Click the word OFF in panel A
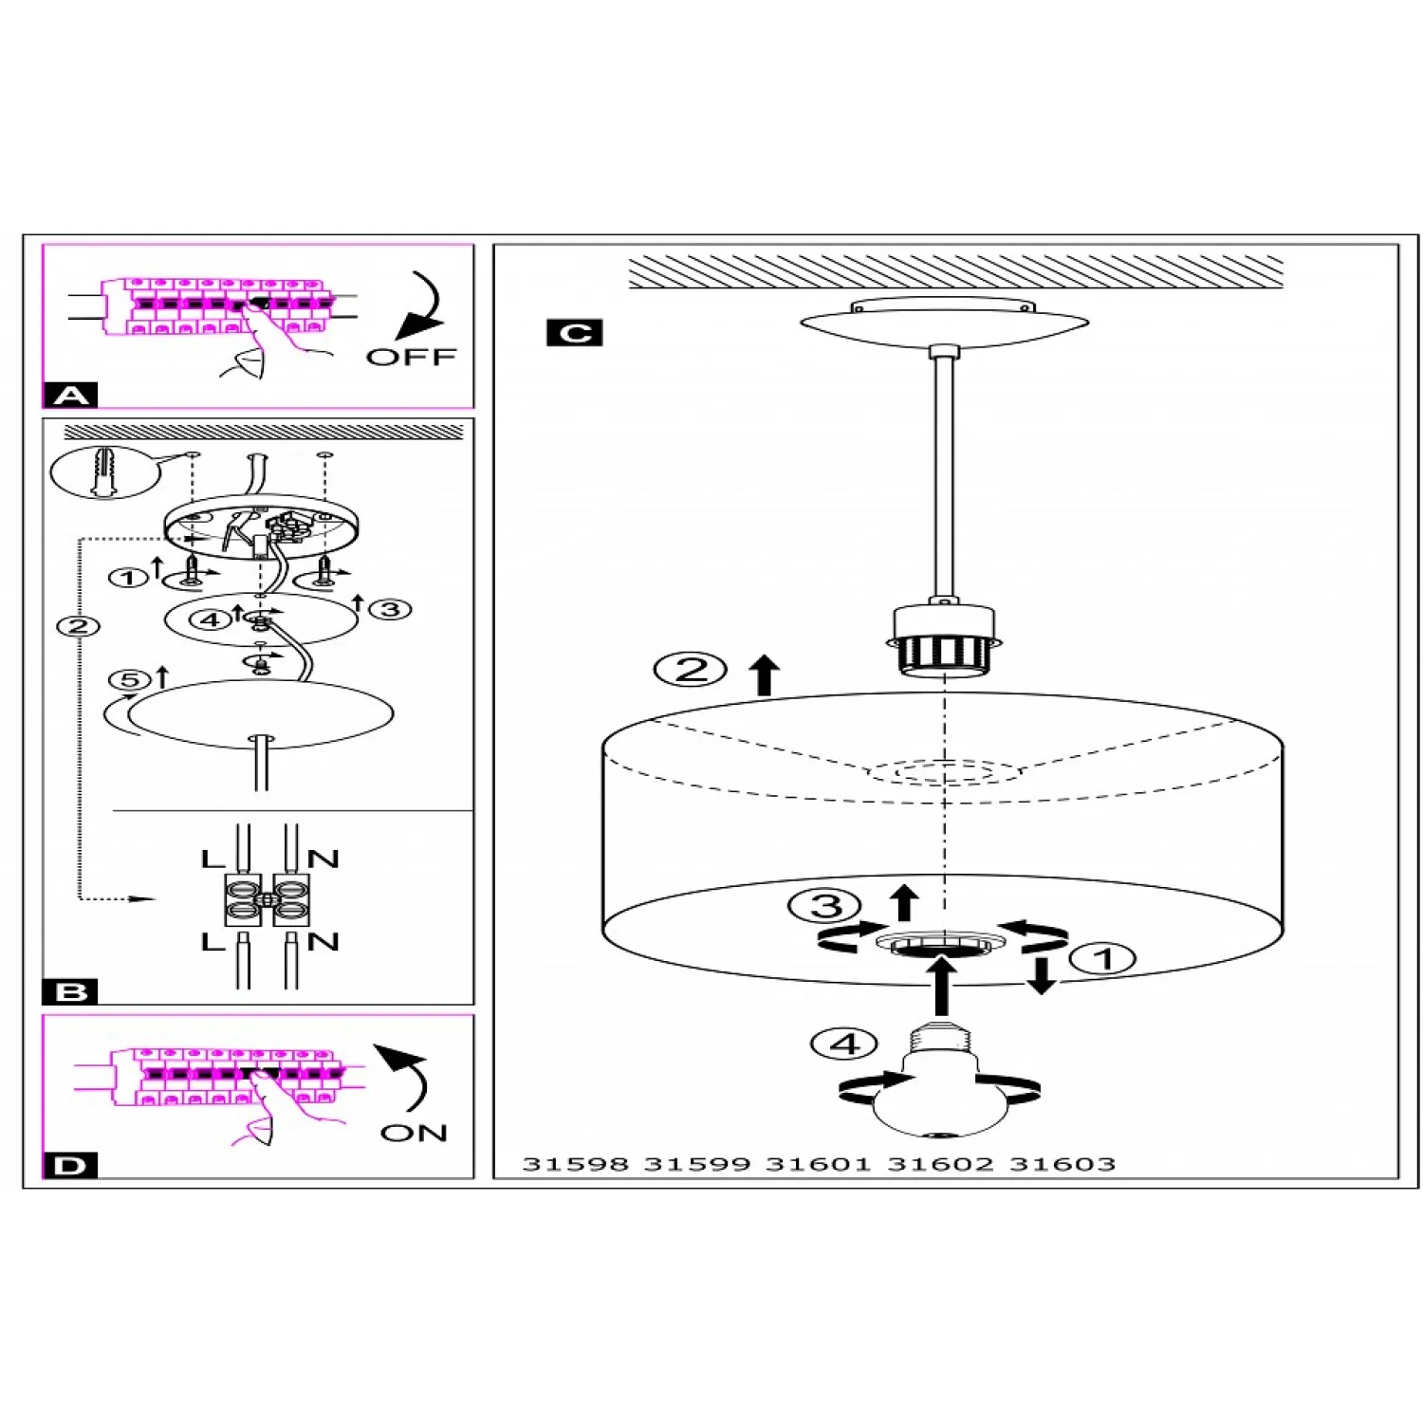click(x=411, y=357)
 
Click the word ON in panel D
click(x=414, y=1133)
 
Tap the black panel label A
click(x=71, y=395)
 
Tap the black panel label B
click(x=71, y=992)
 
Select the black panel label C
click(x=575, y=333)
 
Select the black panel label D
click(x=71, y=1165)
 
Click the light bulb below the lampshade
click(x=939, y=1091)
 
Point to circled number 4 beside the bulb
click(x=844, y=1044)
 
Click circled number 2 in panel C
click(x=691, y=670)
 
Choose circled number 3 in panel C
click(x=825, y=906)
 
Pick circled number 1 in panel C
click(x=1102, y=958)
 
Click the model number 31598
click(x=575, y=1164)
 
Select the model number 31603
click(x=1062, y=1164)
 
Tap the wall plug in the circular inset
click(x=105, y=471)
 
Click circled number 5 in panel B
click(x=129, y=680)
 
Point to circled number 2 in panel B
click(x=78, y=626)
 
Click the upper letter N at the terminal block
click(x=323, y=859)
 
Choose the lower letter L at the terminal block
click(x=213, y=942)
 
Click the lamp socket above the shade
click(x=944, y=640)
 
